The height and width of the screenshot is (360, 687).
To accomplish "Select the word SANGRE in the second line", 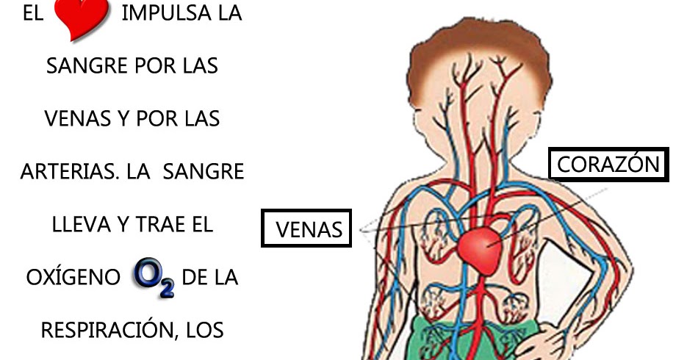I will click(x=87, y=66).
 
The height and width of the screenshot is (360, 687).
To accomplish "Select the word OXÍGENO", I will click(x=73, y=278).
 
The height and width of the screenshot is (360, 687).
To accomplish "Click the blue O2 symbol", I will click(x=153, y=278).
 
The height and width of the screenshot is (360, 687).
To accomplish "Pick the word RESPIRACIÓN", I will click(x=104, y=330).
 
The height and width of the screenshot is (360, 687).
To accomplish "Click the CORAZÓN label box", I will click(x=608, y=165).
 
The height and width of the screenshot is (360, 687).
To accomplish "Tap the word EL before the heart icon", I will click(x=33, y=14).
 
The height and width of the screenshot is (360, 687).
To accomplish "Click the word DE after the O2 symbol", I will click(x=195, y=278).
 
